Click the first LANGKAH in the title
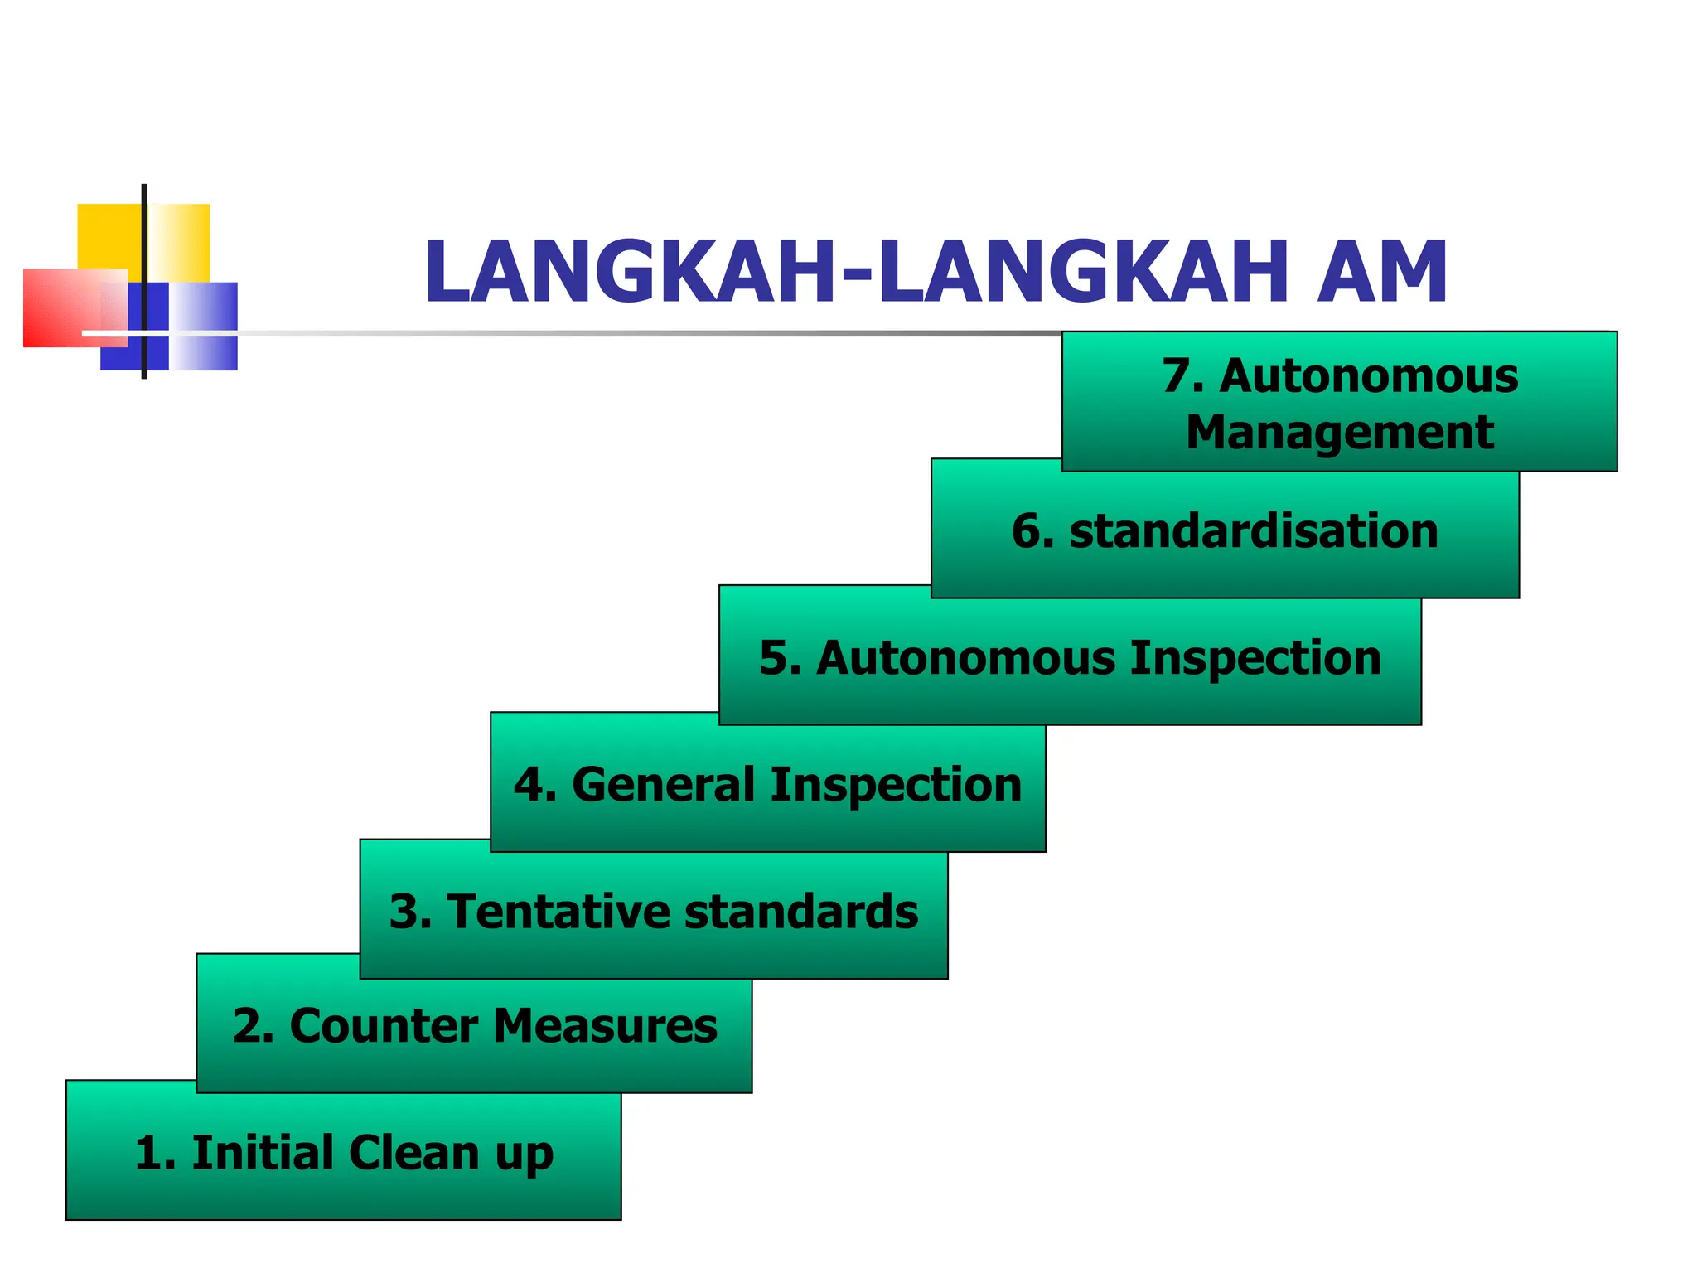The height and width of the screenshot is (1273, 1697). coord(630,272)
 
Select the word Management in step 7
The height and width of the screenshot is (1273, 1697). coord(1339,433)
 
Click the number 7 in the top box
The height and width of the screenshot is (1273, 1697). coord(1177,376)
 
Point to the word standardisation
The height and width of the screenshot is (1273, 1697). coord(1253,531)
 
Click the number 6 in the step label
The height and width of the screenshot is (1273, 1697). coord(1027,531)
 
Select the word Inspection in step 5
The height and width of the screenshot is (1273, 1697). coord(1255,659)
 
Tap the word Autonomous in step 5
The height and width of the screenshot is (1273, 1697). coord(966,659)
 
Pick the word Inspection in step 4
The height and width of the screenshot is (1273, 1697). coord(895,785)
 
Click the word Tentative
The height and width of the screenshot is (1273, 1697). coord(559,912)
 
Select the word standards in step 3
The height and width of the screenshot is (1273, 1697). coord(800,912)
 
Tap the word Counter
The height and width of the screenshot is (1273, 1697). coord(384,1026)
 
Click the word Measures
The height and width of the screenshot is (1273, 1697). coord(605,1026)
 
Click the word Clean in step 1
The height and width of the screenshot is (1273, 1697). coord(413,1153)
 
